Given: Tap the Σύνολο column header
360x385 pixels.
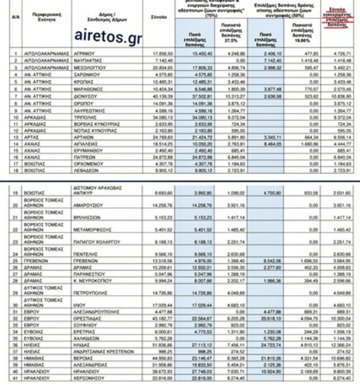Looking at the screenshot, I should (158, 17).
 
